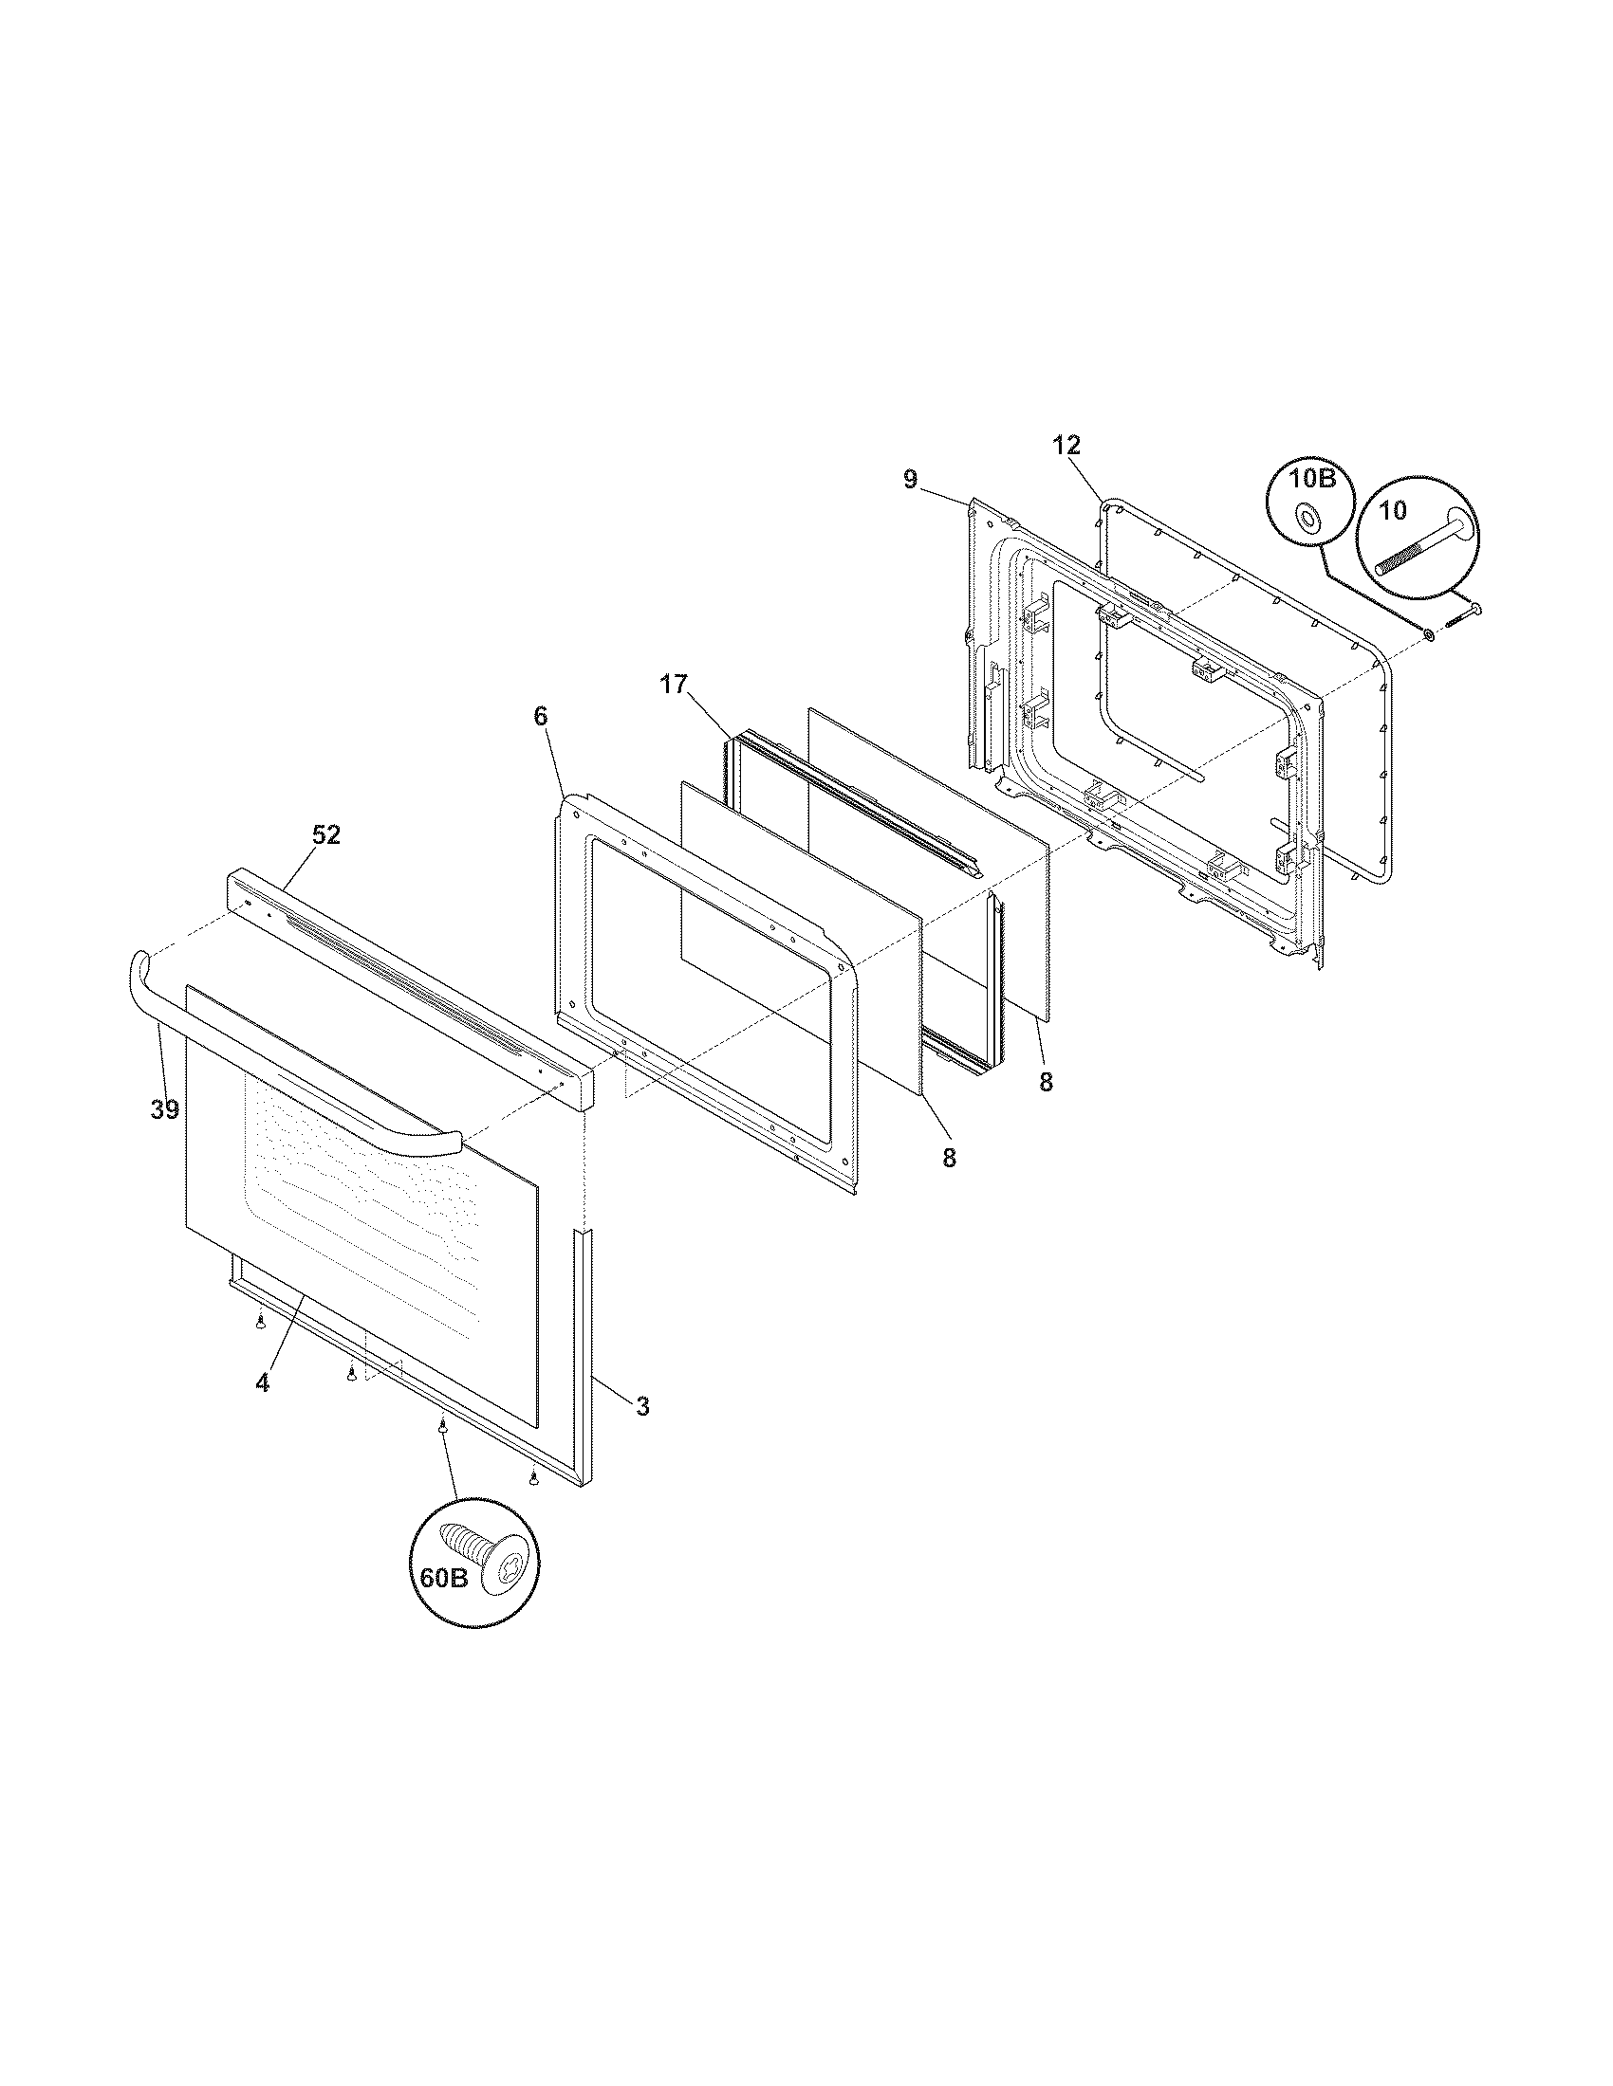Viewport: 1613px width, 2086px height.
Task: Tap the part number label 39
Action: click(164, 1109)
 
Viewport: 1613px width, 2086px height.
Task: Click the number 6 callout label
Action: click(541, 742)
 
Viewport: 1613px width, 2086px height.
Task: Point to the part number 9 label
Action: click(910, 480)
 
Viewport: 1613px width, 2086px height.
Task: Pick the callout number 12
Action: click(1066, 444)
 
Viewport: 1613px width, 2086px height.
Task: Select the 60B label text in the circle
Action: click(443, 1578)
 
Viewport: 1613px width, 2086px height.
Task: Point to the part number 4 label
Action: click(262, 1382)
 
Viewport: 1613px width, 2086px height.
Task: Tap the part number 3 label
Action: click(642, 1406)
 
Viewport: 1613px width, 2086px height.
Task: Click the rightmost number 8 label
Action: click(1046, 1083)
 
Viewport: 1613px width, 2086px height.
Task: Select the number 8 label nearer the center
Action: click(948, 1158)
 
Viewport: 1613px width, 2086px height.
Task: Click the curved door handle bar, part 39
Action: click(287, 1079)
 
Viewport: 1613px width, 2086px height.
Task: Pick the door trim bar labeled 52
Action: click(411, 984)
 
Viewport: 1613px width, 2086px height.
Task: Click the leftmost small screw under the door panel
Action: click(260, 1322)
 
